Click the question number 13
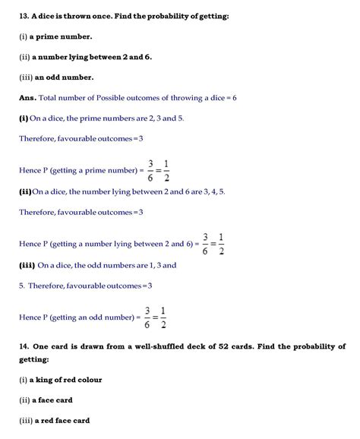coord(24,16)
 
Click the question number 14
coord(24,346)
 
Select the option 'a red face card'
coord(62,420)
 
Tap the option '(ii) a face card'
coord(46,400)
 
